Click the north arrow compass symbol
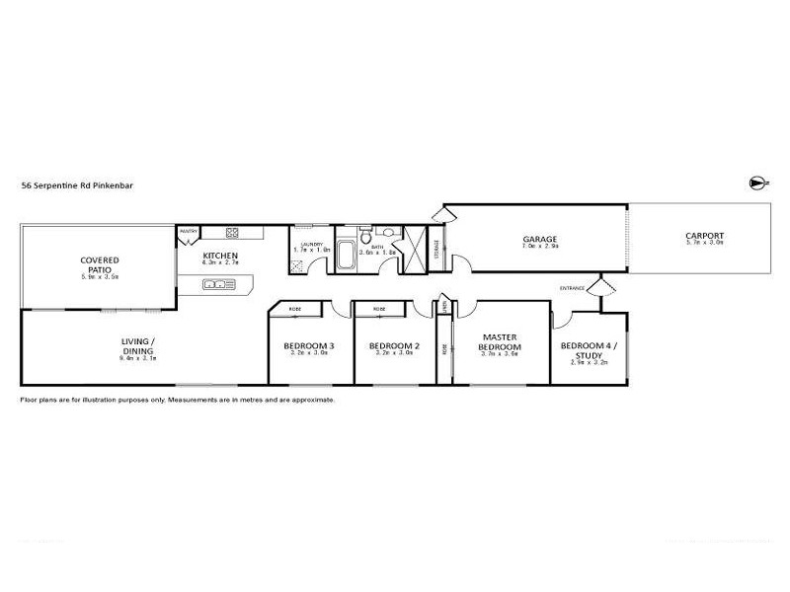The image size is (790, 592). click(757, 183)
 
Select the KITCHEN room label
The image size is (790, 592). click(219, 256)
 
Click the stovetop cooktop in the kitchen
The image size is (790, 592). click(234, 233)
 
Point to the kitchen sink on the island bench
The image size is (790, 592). click(215, 285)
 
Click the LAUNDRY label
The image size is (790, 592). click(313, 243)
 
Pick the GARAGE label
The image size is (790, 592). click(540, 239)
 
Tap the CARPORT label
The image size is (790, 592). click(704, 236)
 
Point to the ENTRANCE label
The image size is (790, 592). click(573, 288)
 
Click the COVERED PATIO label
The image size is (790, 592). click(100, 264)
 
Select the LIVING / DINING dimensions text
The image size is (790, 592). click(139, 358)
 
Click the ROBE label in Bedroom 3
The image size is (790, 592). click(294, 310)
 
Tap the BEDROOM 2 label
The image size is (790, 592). click(395, 346)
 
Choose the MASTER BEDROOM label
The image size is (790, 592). click(500, 342)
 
